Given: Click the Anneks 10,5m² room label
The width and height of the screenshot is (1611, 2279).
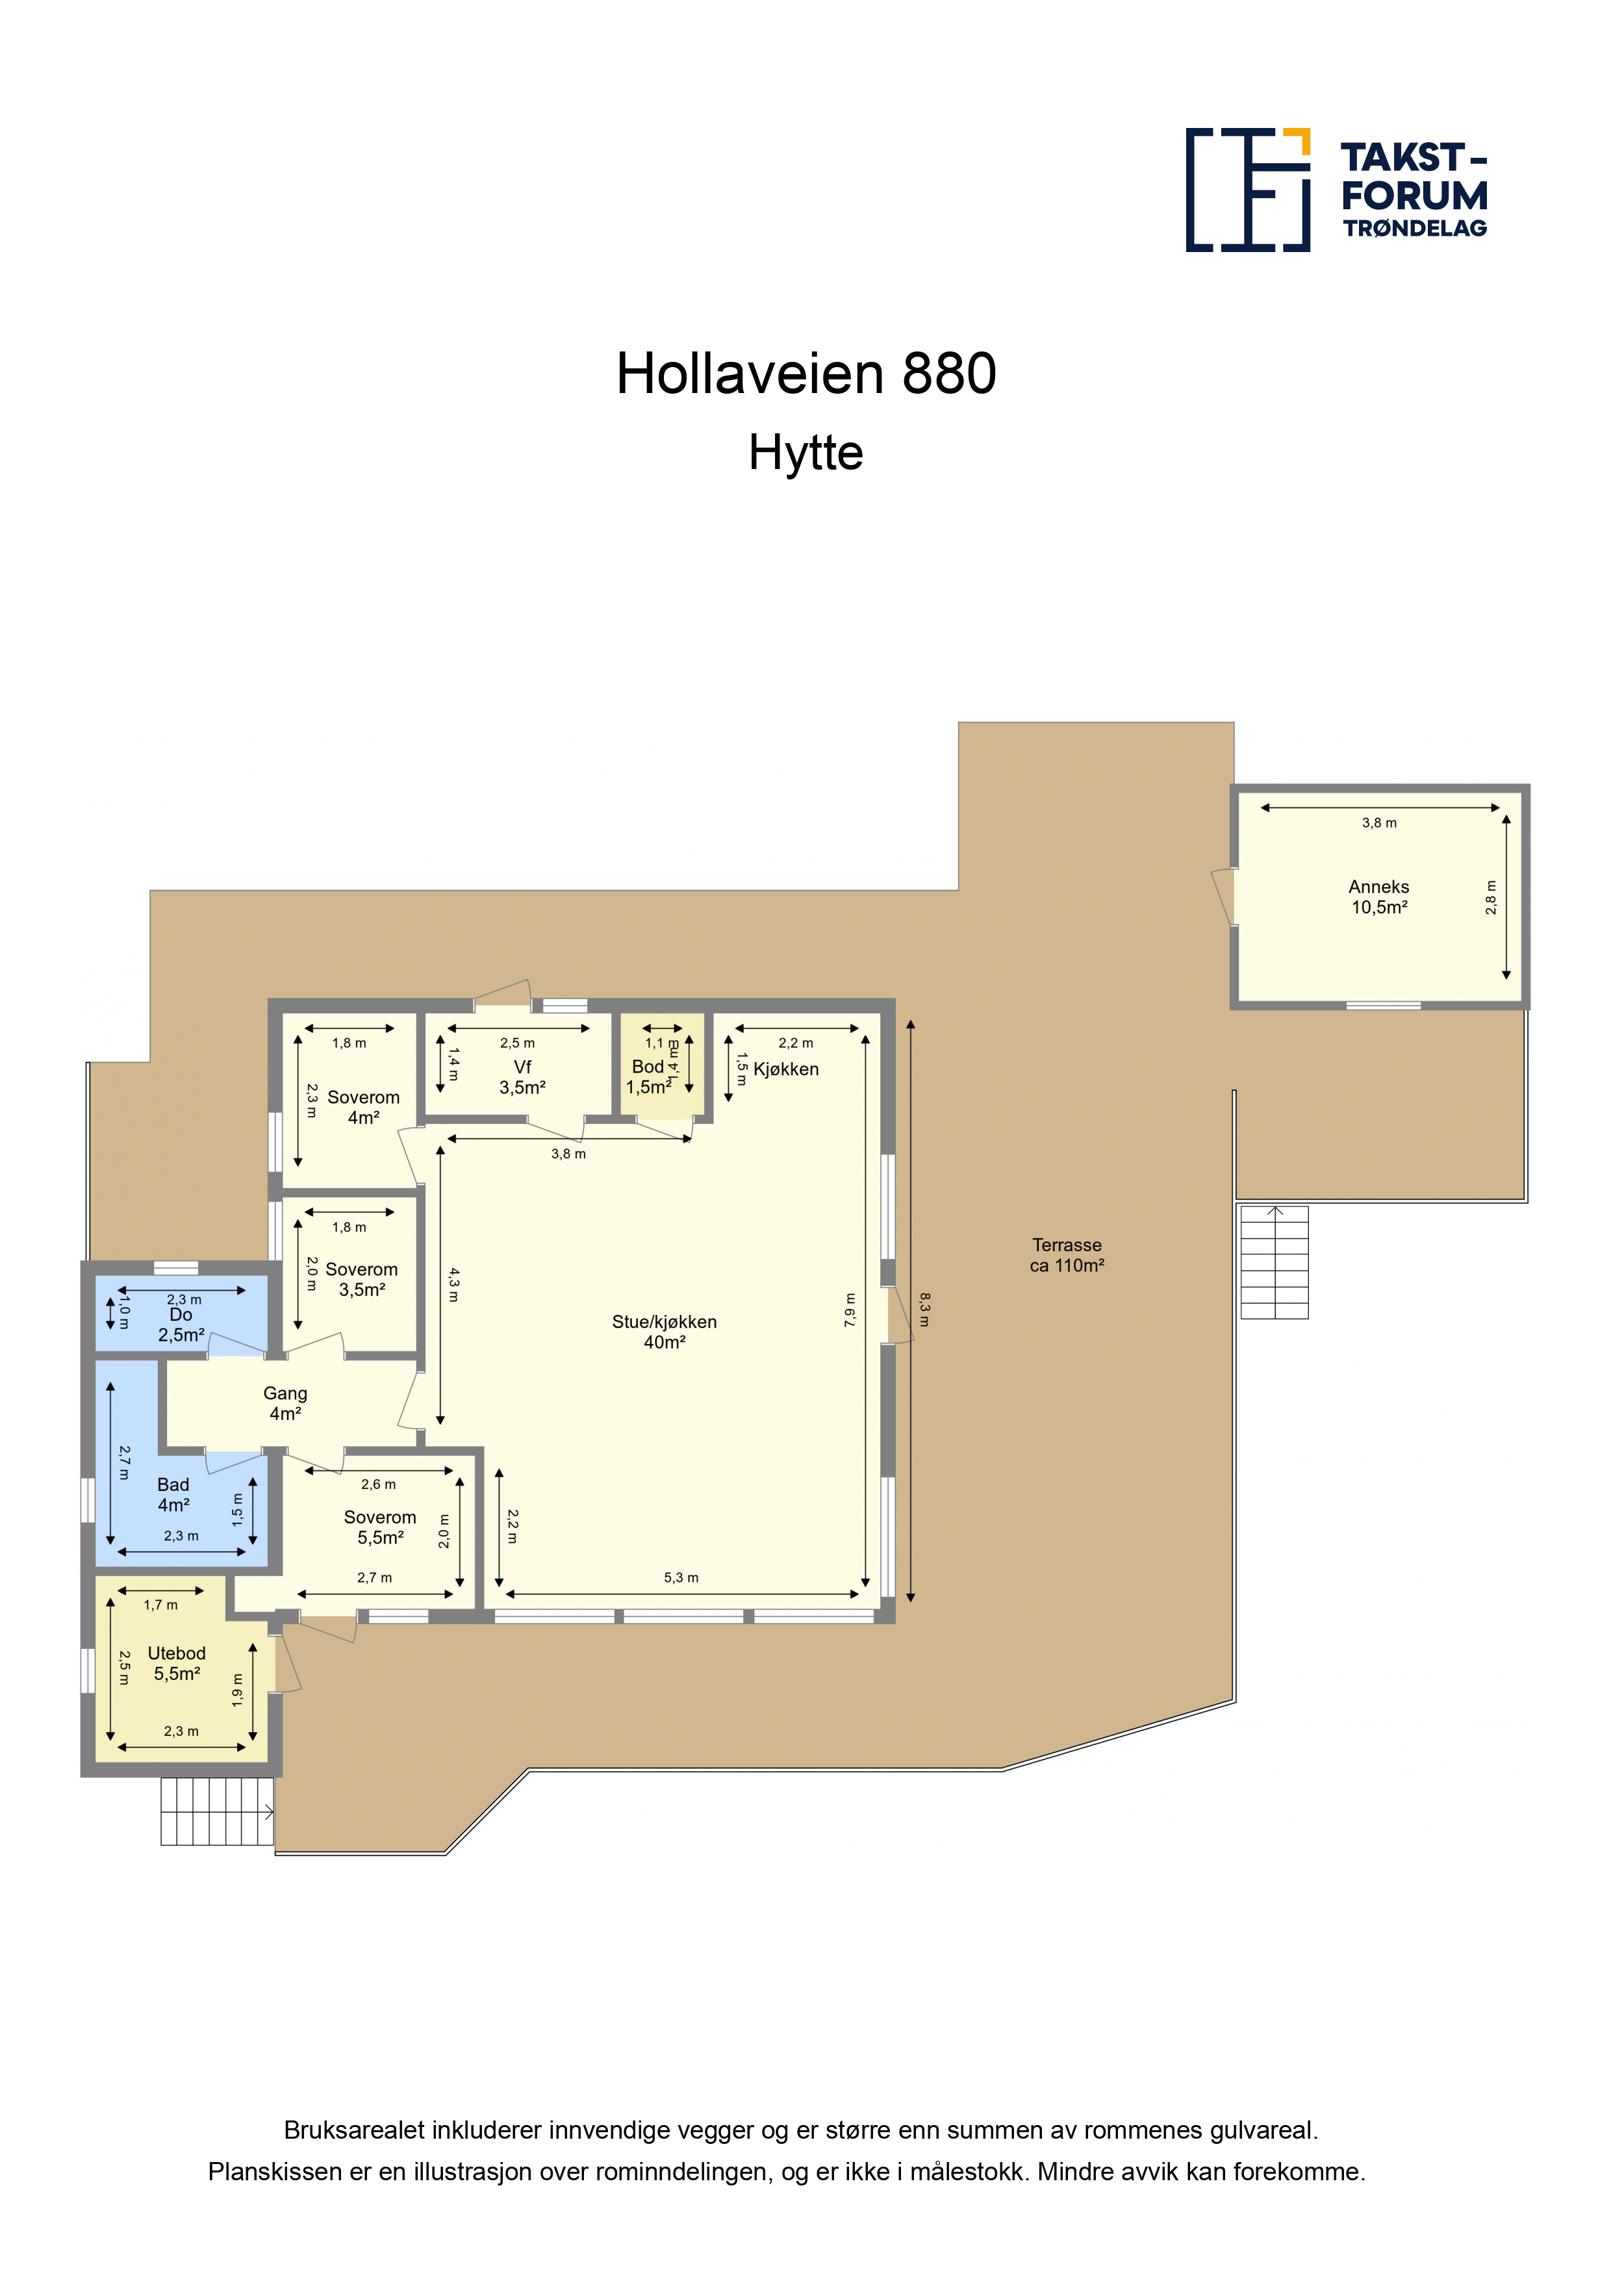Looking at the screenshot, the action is point(1378,897).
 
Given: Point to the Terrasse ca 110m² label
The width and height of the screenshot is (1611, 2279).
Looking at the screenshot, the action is point(1067,1254).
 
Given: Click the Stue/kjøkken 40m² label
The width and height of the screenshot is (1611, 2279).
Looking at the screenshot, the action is point(664,1332).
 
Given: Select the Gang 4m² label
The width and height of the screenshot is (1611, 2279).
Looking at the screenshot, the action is point(285,1403).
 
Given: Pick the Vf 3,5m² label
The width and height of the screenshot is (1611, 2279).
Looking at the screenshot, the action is point(522,1077).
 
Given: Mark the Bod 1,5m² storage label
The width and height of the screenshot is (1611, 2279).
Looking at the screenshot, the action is point(649,1077).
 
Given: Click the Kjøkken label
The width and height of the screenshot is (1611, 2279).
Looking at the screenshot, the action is point(786,1069).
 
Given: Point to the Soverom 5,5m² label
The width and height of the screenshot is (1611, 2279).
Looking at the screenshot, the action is point(380,1527).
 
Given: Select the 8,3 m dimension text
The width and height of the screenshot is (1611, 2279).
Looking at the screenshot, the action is point(925,1309).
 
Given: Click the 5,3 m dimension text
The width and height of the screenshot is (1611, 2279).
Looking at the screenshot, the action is point(681,1577).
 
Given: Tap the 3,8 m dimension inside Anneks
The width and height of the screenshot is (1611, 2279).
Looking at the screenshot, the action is point(1378,823).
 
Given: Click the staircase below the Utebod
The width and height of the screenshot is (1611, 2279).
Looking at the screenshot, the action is point(218,1811).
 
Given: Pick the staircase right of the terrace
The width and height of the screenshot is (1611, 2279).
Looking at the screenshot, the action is point(1275,1262).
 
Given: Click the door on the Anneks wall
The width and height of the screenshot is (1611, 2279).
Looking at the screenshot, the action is point(1223,897).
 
